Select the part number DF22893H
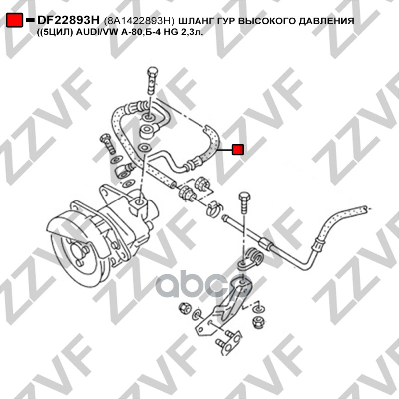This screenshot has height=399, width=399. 69,21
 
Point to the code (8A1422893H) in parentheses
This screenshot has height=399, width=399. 140,22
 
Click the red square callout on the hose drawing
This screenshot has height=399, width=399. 238,149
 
